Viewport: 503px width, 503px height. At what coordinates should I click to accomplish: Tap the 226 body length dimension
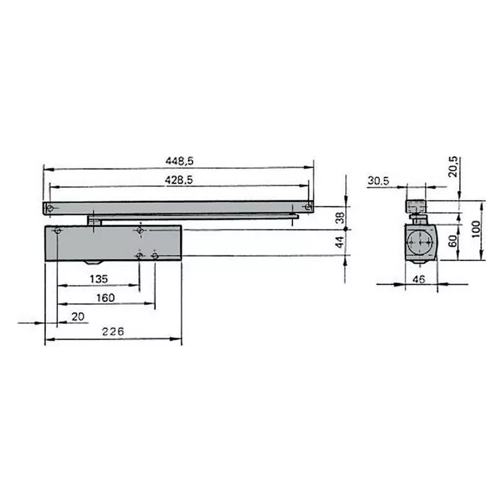pyautogui.click(x=113, y=331)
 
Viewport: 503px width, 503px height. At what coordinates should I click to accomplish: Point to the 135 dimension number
pyautogui.click(x=97, y=279)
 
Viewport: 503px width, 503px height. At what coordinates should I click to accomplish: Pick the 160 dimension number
pyautogui.click(x=105, y=297)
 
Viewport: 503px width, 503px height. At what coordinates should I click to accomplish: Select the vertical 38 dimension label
pyautogui.click(x=340, y=217)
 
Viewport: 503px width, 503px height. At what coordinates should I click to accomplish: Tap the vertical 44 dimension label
pyautogui.click(x=340, y=241)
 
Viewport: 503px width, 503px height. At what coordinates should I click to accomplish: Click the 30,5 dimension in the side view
pyautogui.click(x=379, y=180)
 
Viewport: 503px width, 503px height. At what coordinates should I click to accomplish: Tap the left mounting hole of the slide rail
pyautogui.click(x=50, y=207)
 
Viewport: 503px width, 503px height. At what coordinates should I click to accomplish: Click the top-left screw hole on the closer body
pyautogui.click(x=58, y=231)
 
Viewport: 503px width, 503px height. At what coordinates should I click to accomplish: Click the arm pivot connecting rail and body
pyautogui.click(x=94, y=220)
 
